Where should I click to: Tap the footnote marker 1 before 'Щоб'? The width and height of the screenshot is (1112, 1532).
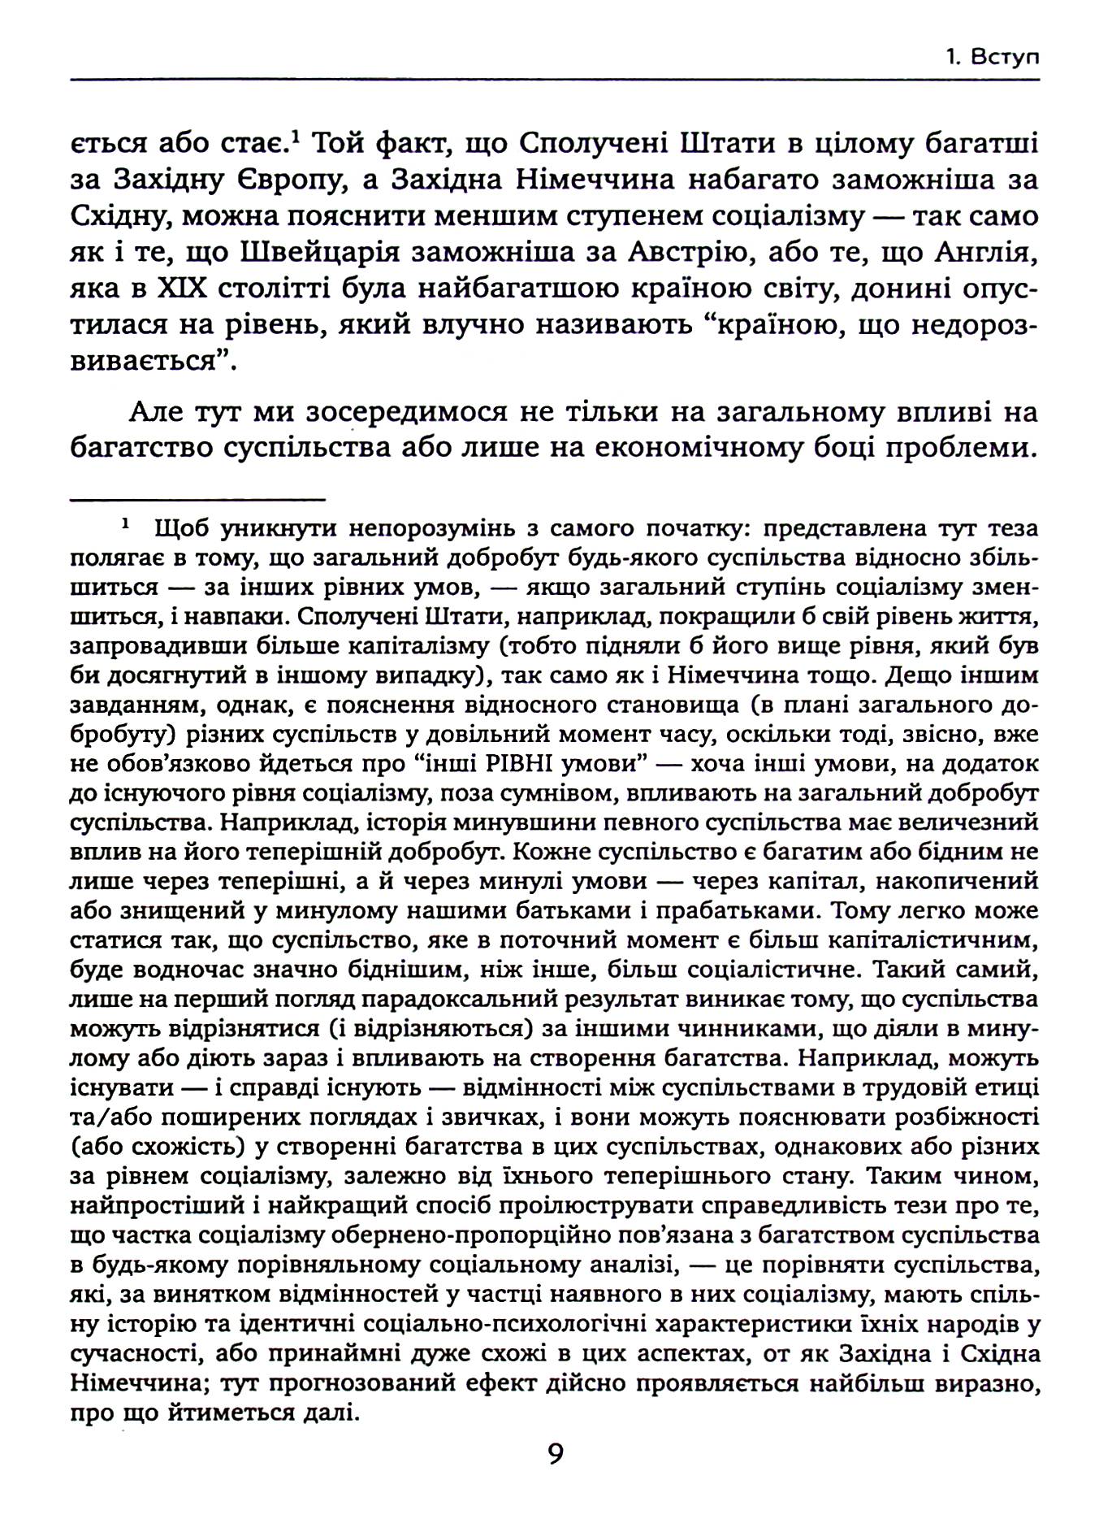point(126,526)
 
